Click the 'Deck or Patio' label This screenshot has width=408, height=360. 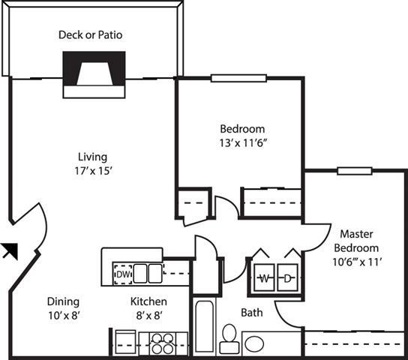[x=90, y=34]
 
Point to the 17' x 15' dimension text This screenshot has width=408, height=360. [x=93, y=171]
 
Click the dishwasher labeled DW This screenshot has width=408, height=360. [x=121, y=274]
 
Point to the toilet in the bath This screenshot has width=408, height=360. [x=228, y=340]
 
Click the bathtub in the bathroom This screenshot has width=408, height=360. [x=204, y=327]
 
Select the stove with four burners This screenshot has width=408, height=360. [x=160, y=343]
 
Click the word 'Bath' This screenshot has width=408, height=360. [x=251, y=312]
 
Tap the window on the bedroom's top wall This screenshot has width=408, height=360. [x=232, y=77]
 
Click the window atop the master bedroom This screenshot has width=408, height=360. [x=349, y=170]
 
